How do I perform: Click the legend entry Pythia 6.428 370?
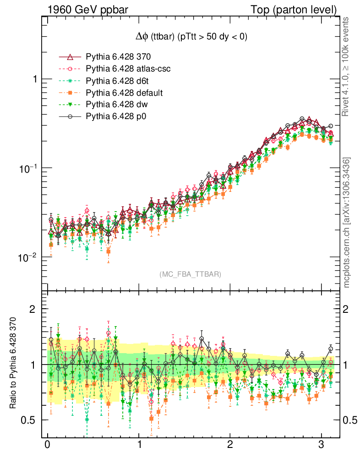(118, 57)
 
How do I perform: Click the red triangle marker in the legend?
(70, 57)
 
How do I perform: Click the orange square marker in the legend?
(70, 93)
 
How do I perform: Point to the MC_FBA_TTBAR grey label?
(191, 274)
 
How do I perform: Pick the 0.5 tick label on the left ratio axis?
(30, 420)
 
